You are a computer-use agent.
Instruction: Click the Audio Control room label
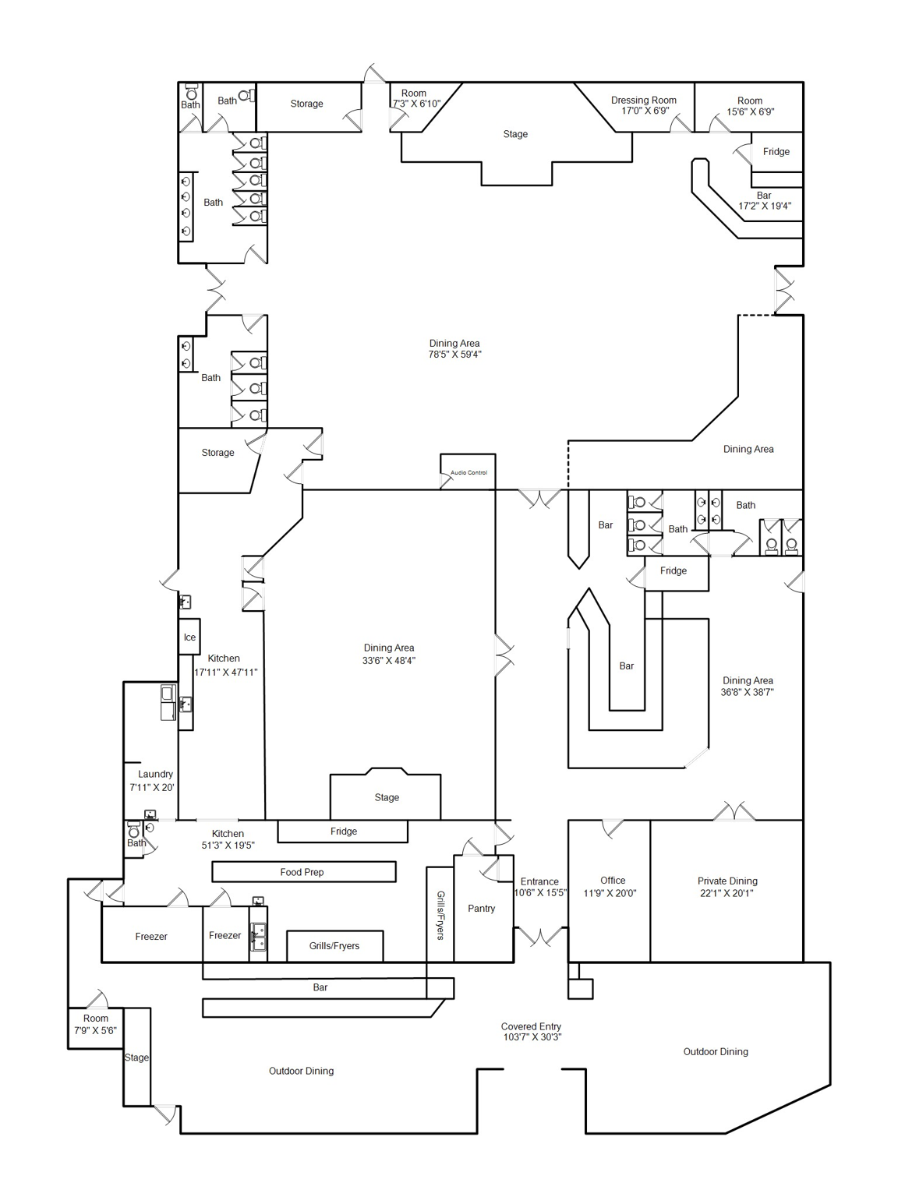point(469,473)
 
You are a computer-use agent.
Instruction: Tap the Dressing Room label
point(643,101)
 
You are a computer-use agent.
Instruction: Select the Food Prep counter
point(304,872)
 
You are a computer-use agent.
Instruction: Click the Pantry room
point(483,909)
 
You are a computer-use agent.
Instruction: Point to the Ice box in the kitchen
point(189,637)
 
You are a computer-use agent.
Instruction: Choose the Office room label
point(613,881)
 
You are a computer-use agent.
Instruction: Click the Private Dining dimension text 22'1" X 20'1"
point(727,893)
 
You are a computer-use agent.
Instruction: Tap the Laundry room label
point(155,775)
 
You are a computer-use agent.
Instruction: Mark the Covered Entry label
point(531,1026)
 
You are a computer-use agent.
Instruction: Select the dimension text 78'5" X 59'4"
point(454,355)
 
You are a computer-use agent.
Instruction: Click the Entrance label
point(539,882)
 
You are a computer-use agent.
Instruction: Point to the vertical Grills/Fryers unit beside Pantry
point(440,914)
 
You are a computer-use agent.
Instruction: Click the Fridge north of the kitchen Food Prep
point(342,832)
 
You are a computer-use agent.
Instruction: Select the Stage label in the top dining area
point(515,134)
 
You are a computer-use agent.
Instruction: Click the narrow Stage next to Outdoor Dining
point(137,1057)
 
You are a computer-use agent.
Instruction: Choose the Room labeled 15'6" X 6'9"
point(749,107)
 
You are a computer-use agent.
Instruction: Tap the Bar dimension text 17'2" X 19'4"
point(765,207)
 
